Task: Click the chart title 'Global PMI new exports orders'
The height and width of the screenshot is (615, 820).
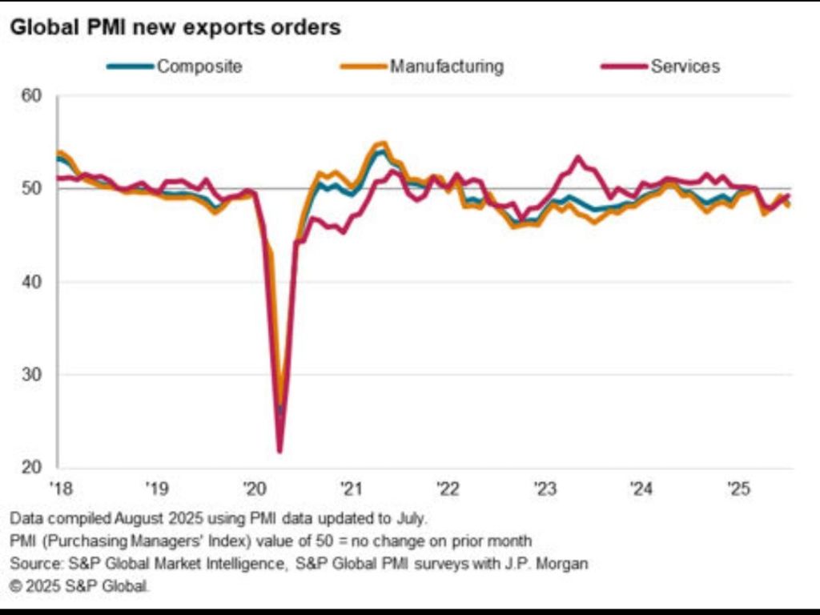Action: [x=175, y=27]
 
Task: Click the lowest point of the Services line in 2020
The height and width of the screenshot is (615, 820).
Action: [x=279, y=452]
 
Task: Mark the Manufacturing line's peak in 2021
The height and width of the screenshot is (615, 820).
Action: [x=383, y=144]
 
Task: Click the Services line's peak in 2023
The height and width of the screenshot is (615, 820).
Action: [x=578, y=158]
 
